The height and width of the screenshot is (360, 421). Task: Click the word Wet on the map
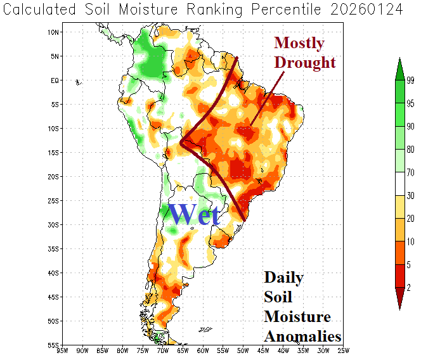195,215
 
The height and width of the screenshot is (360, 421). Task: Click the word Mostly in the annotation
299,43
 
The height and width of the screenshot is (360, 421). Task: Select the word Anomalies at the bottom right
302,336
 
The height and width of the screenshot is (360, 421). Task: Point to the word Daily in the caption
283,278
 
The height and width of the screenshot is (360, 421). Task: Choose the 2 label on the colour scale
408,287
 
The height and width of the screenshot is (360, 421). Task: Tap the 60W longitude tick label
203,350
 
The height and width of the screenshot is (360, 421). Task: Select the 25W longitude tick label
343,350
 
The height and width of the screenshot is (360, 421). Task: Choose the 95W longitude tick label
62,350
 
